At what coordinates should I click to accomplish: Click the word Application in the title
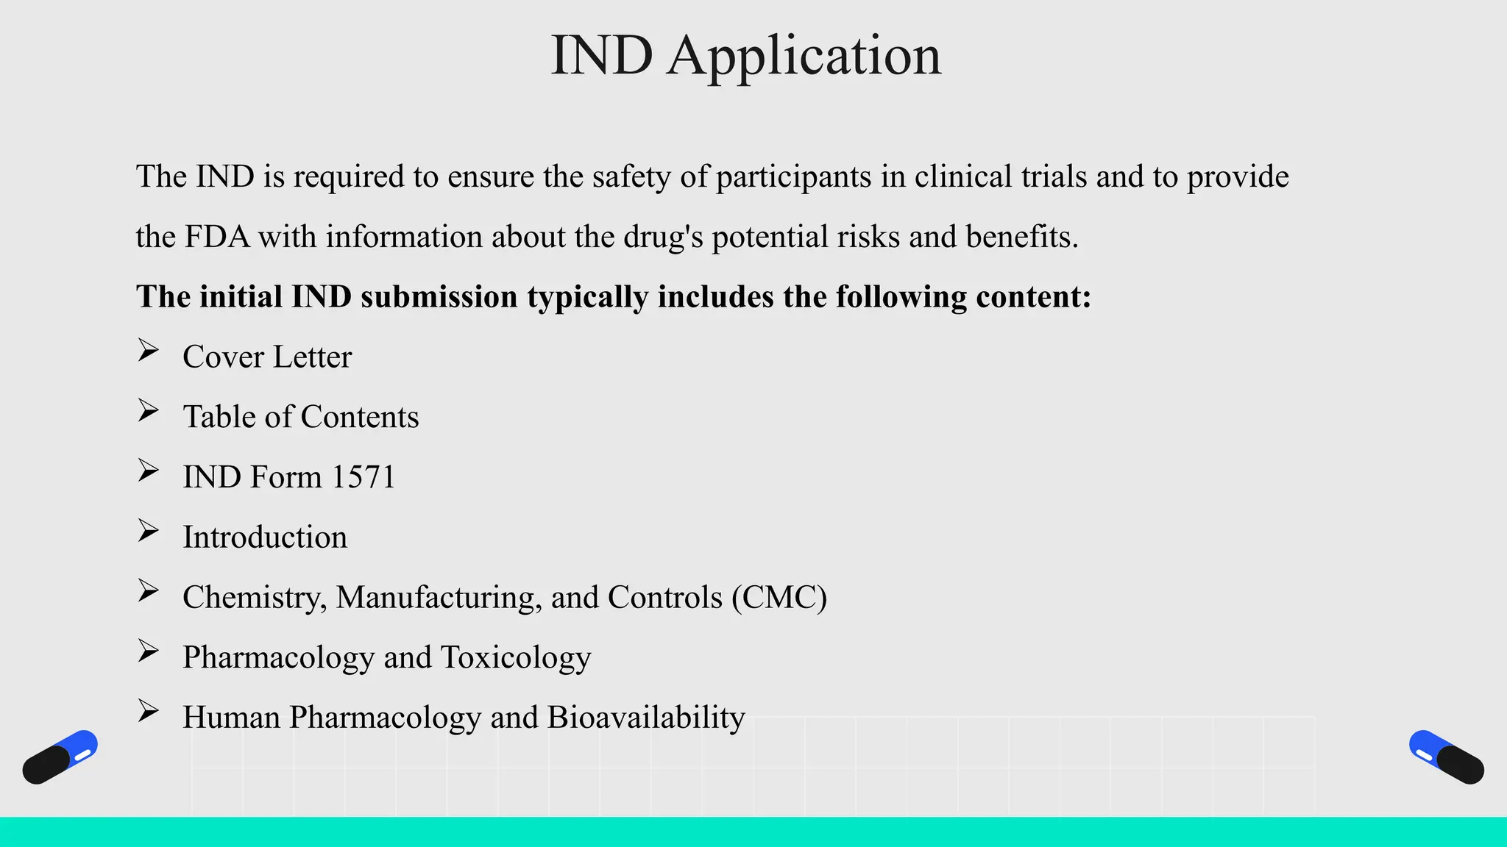point(804,56)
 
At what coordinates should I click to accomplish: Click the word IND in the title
point(601,56)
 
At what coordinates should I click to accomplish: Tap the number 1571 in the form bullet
point(363,477)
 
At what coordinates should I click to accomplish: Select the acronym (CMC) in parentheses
point(779,597)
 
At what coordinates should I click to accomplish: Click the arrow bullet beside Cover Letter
point(149,351)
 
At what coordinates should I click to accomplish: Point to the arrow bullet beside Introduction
point(149,531)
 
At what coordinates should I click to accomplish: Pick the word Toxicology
point(515,657)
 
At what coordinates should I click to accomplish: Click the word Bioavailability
point(646,718)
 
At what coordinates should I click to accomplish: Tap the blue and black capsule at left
point(60,757)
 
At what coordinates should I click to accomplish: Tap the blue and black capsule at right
point(1446,757)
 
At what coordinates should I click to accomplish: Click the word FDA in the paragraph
point(217,237)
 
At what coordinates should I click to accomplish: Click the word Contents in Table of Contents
point(360,417)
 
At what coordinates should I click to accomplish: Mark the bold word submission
point(439,297)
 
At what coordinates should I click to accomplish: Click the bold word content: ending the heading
point(1033,297)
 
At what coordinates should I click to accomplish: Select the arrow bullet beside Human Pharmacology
point(149,711)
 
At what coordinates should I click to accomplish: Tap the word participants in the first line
point(793,177)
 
